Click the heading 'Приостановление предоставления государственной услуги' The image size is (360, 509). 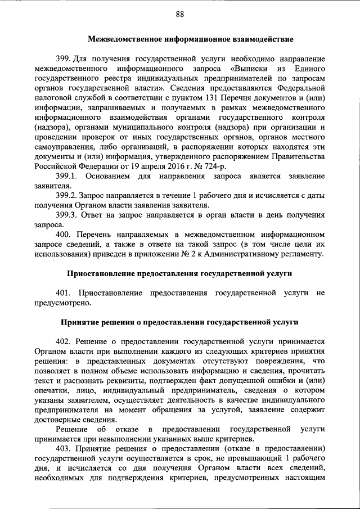point(179,274)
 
